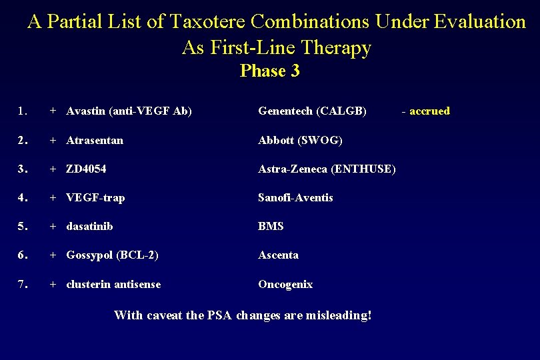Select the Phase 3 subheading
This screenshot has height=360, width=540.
pyautogui.click(x=270, y=71)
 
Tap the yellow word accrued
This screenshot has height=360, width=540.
pyautogui.click(x=429, y=111)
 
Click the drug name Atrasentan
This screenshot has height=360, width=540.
pyautogui.click(x=95, y=140)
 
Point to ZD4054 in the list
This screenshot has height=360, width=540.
pyautogui.click(x=86, y=169)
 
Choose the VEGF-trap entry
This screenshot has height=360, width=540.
pyautogui.click(x=95, y=197)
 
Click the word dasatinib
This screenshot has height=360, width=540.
pyautogui.click(x=89, y=226)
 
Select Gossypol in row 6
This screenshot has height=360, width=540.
pyautogui.click(x=89, y=255)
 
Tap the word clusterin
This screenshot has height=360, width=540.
pyautogui.click(x=89, y=284)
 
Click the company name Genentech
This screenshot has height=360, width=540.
pyautogui.click(x=287, y=111)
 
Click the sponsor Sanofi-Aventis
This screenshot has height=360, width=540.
pyautogui.click(x=295, y=197)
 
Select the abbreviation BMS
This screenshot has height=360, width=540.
pyautogui.click(x=271, y=226)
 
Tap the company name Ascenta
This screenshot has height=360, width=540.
pyautogui.click(x=279, y=255)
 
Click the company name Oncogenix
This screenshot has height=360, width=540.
pyautogui.click(x=285, y=284)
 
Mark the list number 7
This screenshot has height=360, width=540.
pyautogui.click(x=23, y=284)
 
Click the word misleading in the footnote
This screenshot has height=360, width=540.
pyautogui.click(x=339, y=315)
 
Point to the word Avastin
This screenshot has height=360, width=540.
pyautogui.click(x=87, y=111)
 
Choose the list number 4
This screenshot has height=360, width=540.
pyautogui.click(x=23, y=197)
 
